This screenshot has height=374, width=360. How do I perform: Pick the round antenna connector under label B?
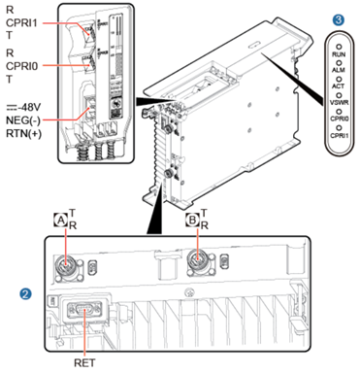[x=201, y=260]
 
